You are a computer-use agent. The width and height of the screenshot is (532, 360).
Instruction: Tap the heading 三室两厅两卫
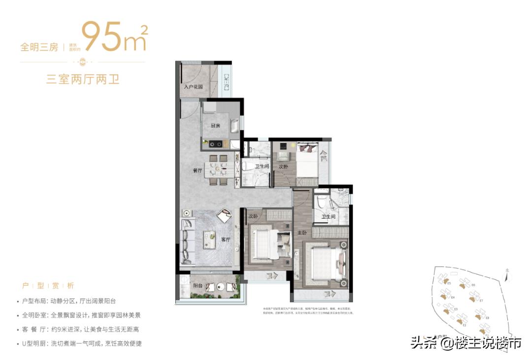click(83, 79)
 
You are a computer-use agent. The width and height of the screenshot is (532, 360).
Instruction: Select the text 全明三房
click(39, 47)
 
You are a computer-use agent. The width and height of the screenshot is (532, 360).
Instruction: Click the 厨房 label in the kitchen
click(215, 126)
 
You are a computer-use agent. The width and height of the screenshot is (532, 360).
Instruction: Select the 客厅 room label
click(226, 239)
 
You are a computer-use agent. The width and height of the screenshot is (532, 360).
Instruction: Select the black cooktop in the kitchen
click(215, 144)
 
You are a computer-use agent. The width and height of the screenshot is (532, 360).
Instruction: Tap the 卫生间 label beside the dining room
click(262, 166)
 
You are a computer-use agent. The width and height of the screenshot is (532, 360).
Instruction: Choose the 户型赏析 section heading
click(48, 286)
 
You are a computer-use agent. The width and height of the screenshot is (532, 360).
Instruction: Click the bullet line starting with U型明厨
click(82, 343)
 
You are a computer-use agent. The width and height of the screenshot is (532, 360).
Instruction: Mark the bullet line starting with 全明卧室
click(82, 315)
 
